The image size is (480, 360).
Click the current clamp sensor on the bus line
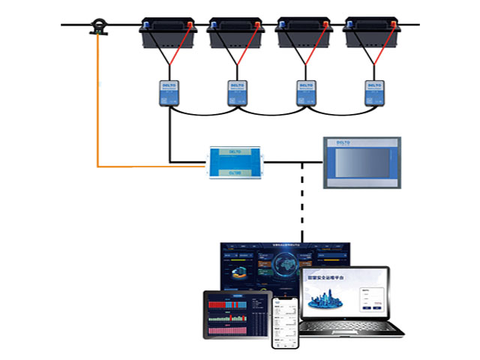coord(97,28)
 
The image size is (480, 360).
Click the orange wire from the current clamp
coord(98,112)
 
